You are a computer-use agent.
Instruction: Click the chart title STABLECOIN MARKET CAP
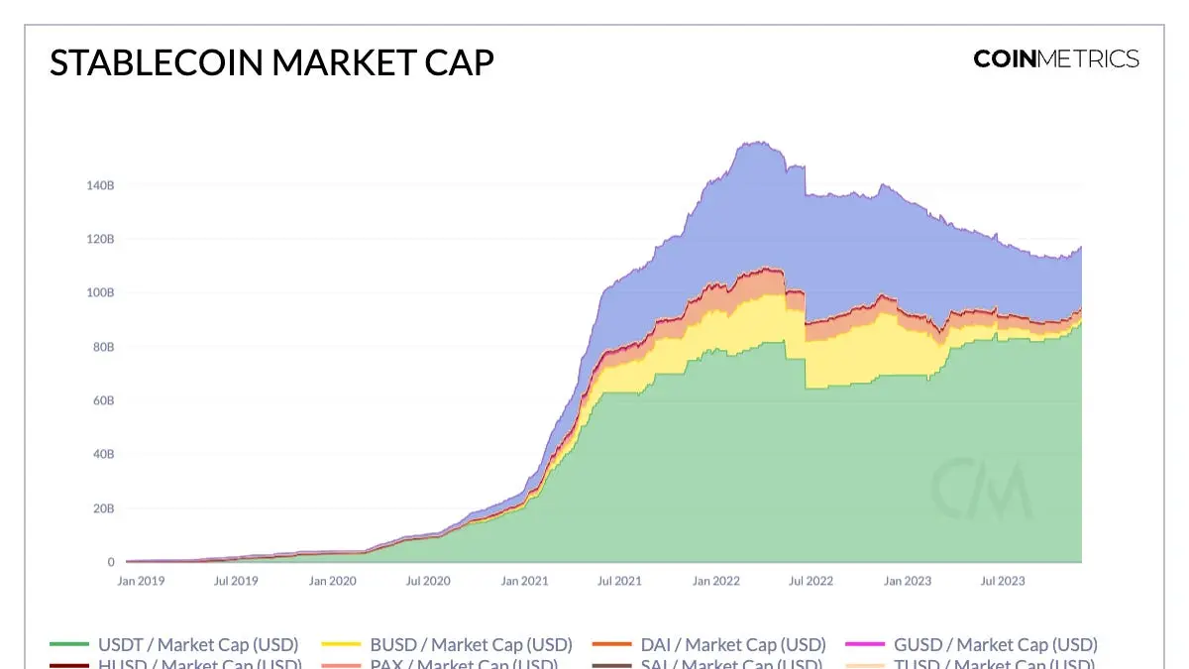pyautogui.click(x=271, y=62)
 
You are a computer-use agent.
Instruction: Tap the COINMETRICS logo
pyautogui.click(x=1056, y=58)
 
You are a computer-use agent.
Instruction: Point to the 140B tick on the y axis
pyautogui.click(x=100, y=185)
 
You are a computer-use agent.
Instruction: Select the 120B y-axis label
pyautogui.click(x=100, y=239)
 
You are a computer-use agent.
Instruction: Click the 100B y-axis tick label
pyautogui.click(x=100, y=293)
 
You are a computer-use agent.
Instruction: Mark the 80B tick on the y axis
pyautogui.click(x=103, y=347)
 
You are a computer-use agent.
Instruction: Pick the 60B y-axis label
pyautogui.click(x=103, y=400)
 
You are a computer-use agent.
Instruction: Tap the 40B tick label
pyautogui.click(x=103, y=454)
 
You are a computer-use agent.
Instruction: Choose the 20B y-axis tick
pyautogui.click(x=103, y=508)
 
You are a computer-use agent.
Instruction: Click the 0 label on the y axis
pyautogui.click(x=111, y=562)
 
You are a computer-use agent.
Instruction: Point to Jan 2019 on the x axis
pyautogui.click(x=141, y=581)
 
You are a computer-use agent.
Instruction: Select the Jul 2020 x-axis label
pyautogui.click(x=428, y=581)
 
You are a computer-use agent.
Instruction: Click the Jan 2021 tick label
pyautogui.click(x=524, y=581)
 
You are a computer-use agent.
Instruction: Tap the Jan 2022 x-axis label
pyautogui.click(x=715, y=581)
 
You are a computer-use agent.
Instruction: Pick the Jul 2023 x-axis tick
pyautogui.click(x=1003, y=581)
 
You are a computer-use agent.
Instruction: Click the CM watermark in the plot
pyautogui.click(x=981, y=489)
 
